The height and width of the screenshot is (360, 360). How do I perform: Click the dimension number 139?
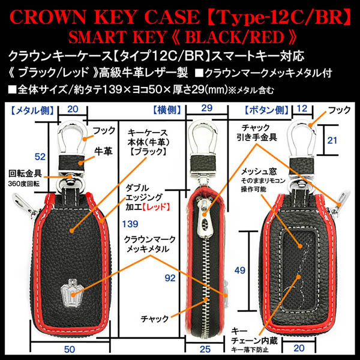130,224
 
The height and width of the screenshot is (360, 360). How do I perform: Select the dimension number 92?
170,278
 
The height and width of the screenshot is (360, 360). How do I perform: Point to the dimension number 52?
40,157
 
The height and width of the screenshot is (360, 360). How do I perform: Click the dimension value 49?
240,270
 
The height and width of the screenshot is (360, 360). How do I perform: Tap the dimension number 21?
332,140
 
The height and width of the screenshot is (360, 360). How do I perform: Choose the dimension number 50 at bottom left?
70,349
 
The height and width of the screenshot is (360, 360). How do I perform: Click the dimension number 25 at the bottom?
205,349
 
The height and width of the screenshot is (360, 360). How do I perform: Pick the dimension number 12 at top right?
302,109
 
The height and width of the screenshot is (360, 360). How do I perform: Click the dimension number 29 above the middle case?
206,108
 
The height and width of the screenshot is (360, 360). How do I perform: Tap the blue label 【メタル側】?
32,110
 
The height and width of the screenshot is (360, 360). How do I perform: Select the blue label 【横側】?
167,110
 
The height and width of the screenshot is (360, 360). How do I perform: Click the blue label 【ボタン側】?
266,110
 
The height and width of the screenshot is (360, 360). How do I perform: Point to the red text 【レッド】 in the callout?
155,207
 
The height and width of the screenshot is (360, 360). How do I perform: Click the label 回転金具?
25,173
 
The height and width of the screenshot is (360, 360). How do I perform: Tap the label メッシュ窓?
259,172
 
